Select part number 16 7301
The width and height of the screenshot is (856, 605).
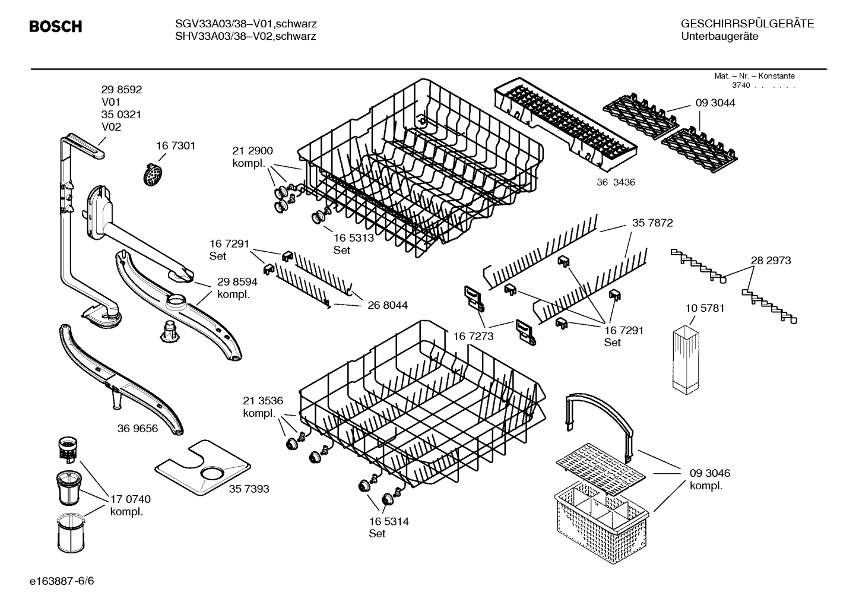point(176,145)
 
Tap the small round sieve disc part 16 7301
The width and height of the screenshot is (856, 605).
point(153,175)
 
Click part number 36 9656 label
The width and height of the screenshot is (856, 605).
point(138,428)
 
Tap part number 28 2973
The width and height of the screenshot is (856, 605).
point(771,261)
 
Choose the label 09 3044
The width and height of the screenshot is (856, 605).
point(715,103)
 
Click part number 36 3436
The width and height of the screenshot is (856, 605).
point(616,182)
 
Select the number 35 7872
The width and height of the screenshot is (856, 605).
point(652,223)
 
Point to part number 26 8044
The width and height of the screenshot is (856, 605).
point(388,305)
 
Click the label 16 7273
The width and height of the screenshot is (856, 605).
point(474,337)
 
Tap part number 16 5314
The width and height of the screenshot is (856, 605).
point(388,521)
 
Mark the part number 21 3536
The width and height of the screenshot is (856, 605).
point(263,400)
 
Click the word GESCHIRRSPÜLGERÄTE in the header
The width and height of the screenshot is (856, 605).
point(747,24)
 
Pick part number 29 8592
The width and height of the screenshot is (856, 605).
point(122,90)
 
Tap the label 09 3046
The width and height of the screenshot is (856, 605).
point(709,473)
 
